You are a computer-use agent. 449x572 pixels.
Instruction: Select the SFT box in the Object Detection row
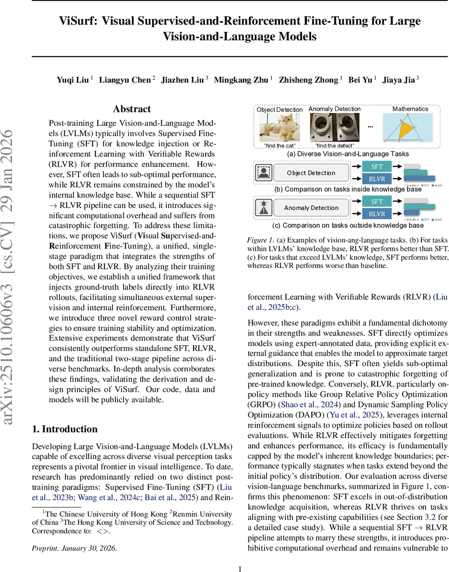click(x=377, y=167)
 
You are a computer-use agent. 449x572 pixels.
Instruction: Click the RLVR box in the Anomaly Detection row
click(x=377, y=214)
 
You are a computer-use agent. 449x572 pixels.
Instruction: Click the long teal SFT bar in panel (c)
click(x=419, y=206)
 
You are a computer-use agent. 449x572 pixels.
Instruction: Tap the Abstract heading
click(x=132, y=110)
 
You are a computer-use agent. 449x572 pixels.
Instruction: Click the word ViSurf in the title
click(x=77, y=21)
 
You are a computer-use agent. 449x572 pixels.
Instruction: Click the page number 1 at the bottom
click(x=240, y=556)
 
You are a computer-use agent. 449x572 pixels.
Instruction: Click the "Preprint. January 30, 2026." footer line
click(x=74, y=534)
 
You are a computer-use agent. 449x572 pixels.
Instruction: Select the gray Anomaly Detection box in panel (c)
click(x=311, y=208)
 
